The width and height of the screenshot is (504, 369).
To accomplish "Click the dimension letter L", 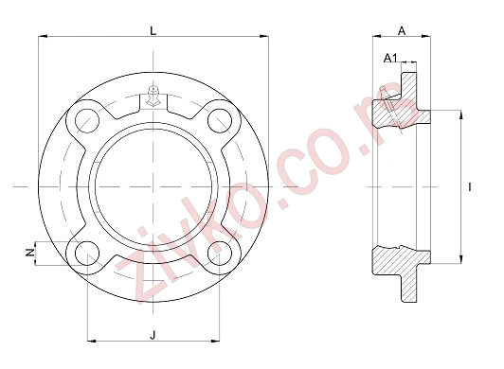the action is click(x=153, y=31).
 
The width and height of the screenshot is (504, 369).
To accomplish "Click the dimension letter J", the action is click(x=153, y=335).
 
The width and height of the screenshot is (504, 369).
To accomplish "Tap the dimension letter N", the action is click(x=30, y=253).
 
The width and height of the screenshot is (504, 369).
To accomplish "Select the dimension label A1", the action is click(x=390, y=58).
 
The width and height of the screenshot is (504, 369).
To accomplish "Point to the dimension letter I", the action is click(x=470, y=187).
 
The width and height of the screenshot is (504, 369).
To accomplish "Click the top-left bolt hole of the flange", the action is click(x=87, y=120).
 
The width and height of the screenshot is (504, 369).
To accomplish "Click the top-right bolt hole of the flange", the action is click(x=220, y=120).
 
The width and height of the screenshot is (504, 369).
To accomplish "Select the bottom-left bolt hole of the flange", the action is click(x=87, y=254).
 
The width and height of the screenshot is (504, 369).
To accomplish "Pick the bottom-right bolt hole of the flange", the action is click(x=220, y=254).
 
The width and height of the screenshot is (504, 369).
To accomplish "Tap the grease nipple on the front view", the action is click(x=153, y=96).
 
